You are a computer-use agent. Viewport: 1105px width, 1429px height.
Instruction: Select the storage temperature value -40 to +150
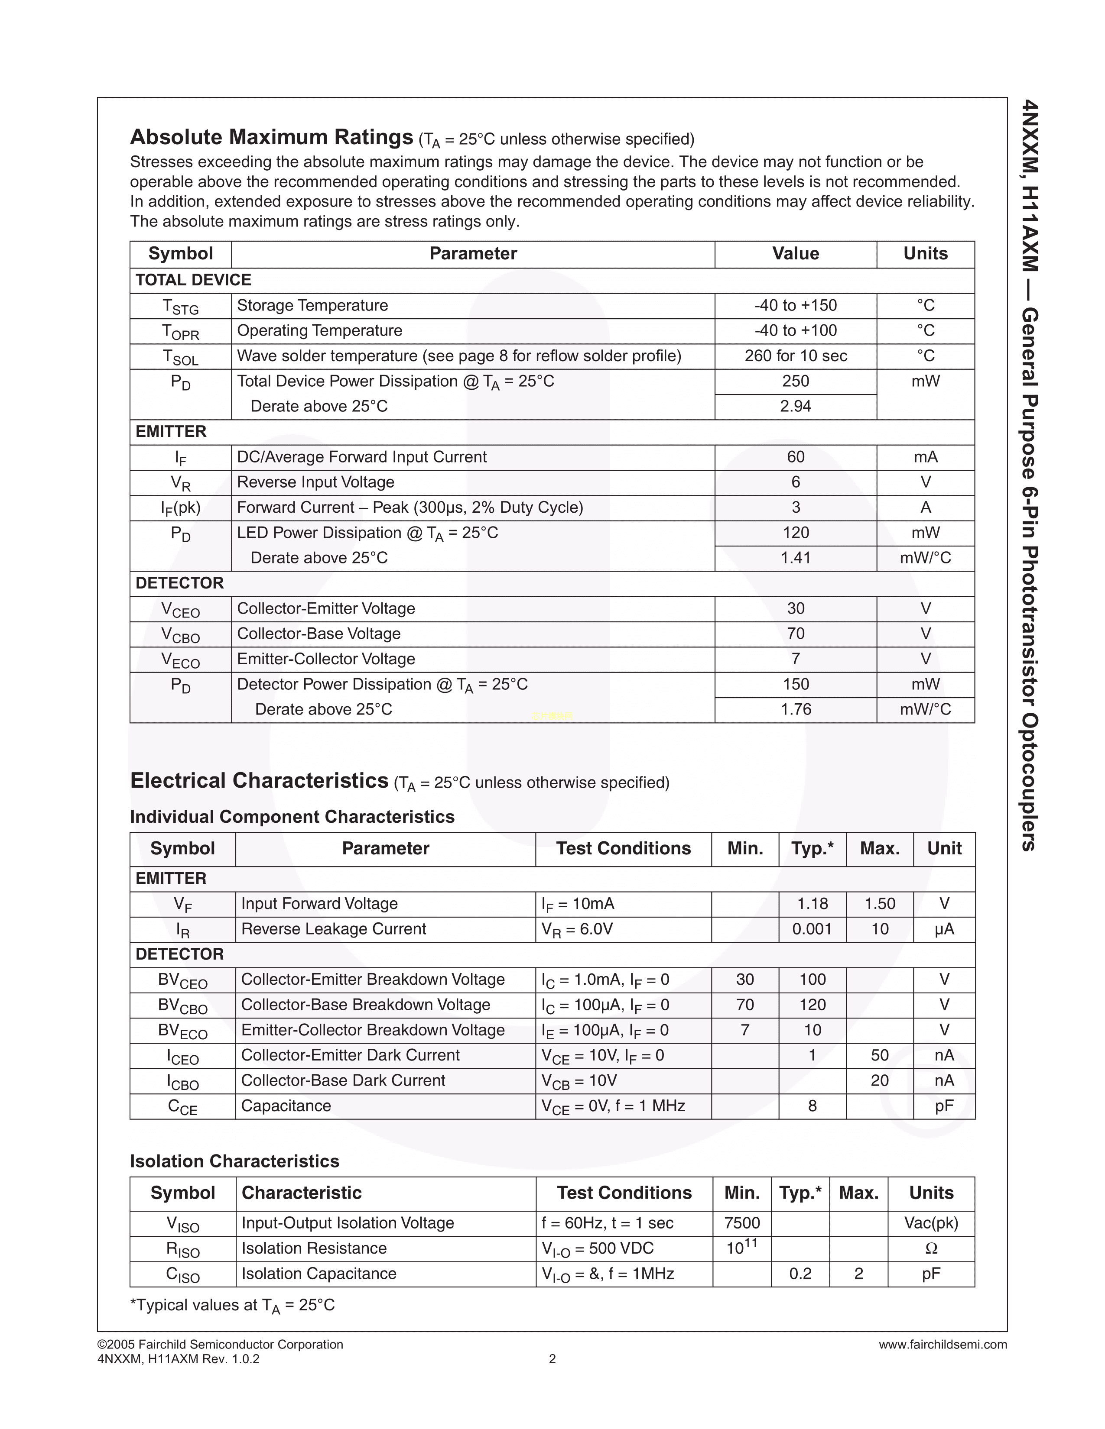(795, 306)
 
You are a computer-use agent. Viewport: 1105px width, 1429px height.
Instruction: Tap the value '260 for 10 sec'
(795, 356)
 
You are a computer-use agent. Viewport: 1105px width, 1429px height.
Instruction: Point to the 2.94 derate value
(795, 406)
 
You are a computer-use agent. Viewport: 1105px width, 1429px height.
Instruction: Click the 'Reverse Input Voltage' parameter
(315, 482)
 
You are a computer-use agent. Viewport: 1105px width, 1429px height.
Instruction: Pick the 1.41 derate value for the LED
(795, 558)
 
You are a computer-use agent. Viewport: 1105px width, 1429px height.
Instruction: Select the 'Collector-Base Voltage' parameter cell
(319, 634)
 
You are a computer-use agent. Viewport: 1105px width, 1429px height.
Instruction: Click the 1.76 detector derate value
(795, 709)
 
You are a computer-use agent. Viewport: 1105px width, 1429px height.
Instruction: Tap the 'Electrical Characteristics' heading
(259, 781)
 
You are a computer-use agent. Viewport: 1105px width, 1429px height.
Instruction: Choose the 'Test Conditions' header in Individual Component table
(623, 849)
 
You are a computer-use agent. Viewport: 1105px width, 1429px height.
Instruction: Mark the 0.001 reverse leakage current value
(812, 929)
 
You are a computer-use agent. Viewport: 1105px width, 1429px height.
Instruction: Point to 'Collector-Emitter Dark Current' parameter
(350, 1055)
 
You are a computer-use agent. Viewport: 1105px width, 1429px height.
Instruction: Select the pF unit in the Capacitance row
(944, 1106)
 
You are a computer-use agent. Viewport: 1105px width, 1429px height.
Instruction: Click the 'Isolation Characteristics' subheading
(234, 1161)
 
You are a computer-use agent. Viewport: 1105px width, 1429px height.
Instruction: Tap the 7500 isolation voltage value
(742, 1223)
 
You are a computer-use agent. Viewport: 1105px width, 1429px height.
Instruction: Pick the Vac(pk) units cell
(931, 1223)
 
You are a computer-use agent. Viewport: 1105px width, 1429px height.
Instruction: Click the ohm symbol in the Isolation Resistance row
(931, 1248)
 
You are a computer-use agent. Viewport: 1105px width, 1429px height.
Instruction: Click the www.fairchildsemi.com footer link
(942, 1345)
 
